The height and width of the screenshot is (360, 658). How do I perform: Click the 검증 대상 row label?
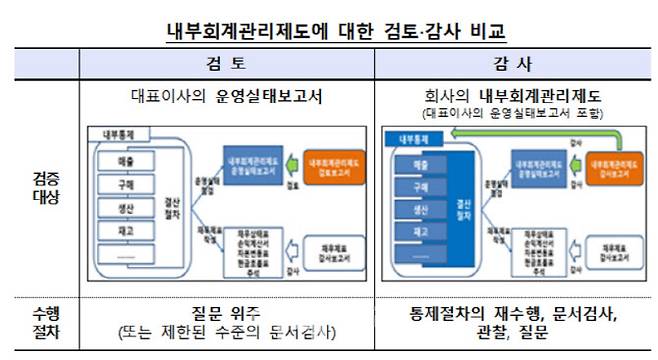pyautogui.click(x=44, y=188)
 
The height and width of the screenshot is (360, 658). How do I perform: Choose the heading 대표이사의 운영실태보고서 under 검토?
pyautogui.click(x=226, y=98)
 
